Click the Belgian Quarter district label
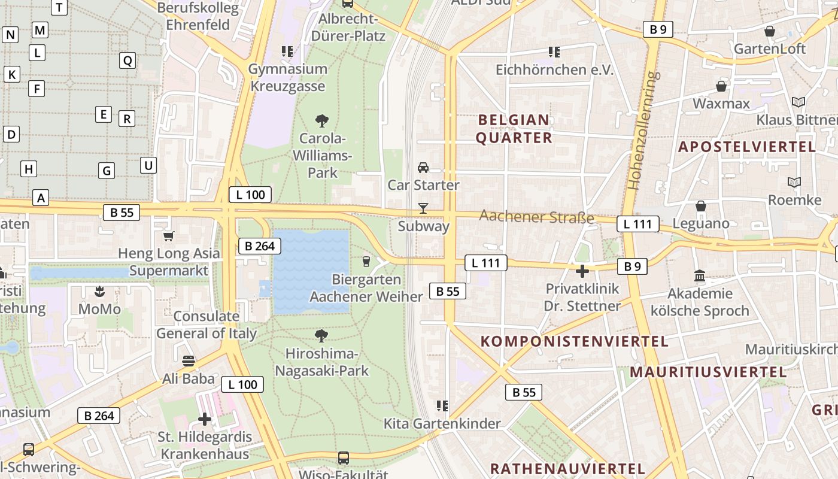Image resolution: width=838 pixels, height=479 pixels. pos(514,129)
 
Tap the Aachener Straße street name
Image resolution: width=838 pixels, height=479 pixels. pos(537,217)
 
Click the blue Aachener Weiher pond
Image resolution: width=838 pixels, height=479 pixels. pos(311,269)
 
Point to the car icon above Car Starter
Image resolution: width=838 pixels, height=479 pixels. pos(423,167)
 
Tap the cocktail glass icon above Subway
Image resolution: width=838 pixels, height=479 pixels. pos(423,208)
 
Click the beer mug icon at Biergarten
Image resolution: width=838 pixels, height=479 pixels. pos(366,262)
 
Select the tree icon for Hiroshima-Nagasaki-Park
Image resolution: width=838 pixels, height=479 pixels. pos(321,335)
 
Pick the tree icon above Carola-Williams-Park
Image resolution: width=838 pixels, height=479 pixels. pos(322,121)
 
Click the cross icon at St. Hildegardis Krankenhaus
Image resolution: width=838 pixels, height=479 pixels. pos(205,419)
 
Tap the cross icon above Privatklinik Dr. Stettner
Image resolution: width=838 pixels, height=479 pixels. pos(582,271)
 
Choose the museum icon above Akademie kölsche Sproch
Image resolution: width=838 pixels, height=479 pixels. pos(700,276)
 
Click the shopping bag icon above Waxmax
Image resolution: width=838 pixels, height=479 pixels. pos(721,86)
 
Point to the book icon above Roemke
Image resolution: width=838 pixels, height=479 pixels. pos(794,182)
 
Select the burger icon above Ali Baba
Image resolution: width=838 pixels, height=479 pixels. pos(189,361)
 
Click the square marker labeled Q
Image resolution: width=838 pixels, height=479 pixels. pos(127,60)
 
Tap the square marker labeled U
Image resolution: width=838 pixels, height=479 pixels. pos(148,165)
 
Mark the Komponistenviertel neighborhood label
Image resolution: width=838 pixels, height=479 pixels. pos(575,341)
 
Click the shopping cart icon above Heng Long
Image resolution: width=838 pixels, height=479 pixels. pos(168,237)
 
